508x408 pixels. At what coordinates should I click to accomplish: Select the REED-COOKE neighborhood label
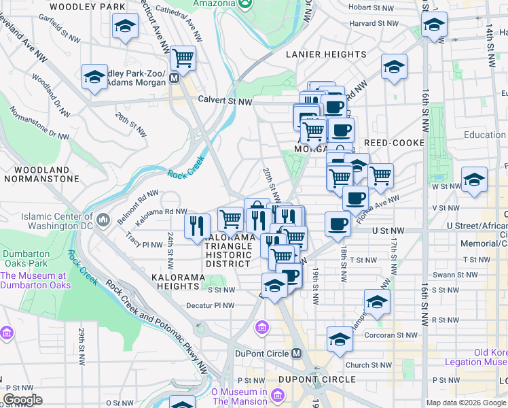(394, 143)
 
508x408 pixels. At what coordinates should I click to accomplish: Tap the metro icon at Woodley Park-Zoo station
(175, 78)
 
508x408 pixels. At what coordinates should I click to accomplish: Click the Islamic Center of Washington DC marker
(103, 220)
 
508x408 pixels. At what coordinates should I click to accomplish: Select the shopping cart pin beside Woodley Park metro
(183, 58)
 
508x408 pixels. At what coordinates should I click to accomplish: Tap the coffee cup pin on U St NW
(338, 224)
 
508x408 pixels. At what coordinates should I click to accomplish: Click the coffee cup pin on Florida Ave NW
(355, 198)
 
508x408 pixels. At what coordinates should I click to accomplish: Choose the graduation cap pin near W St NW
(474, 180)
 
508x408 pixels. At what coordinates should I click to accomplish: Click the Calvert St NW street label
(225, 101)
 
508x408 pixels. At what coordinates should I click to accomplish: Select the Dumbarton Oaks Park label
(25, 258)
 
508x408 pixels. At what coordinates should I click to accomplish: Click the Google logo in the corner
(22, 400)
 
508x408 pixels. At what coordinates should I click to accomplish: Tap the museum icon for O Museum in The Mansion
(277, 396)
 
